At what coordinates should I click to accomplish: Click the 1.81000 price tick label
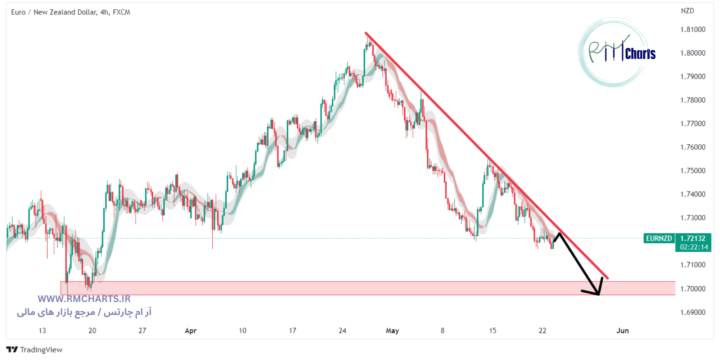coord(692,30)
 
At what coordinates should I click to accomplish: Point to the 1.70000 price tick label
coord(692,289)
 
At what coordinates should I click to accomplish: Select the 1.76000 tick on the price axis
coord(692,147)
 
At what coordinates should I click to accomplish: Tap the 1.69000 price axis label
coord(692,312)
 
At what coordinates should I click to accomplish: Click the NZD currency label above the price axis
coord(687,11)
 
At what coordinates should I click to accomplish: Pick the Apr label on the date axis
coord(190,331)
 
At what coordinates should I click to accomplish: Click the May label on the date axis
coord(392,331)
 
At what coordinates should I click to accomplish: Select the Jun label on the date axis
coord(622,331)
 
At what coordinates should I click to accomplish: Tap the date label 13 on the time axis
coord(42,331)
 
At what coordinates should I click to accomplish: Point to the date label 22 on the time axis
coord(542,331)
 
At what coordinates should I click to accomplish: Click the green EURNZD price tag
coord(659,238)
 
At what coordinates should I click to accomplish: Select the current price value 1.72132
coord(693,238)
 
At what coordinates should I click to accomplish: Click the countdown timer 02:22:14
coord(694,247)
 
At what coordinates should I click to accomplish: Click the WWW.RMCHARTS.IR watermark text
coord(84,299)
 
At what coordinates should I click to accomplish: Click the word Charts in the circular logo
coord(640,54)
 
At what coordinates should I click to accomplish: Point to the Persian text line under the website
coord(84,312)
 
